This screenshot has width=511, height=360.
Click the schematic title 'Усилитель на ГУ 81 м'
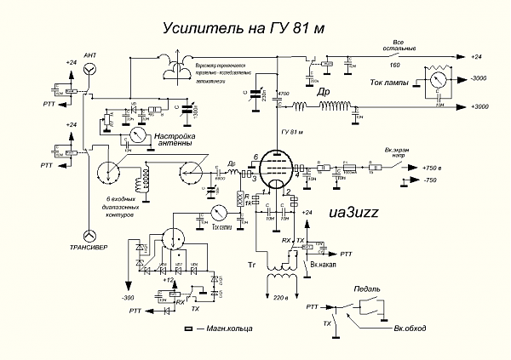coord(244,29)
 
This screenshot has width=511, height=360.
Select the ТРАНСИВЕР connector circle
coord(89,235)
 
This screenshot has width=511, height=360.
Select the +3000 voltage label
coord(484,107)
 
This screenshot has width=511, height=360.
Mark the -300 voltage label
coord(127,298)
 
